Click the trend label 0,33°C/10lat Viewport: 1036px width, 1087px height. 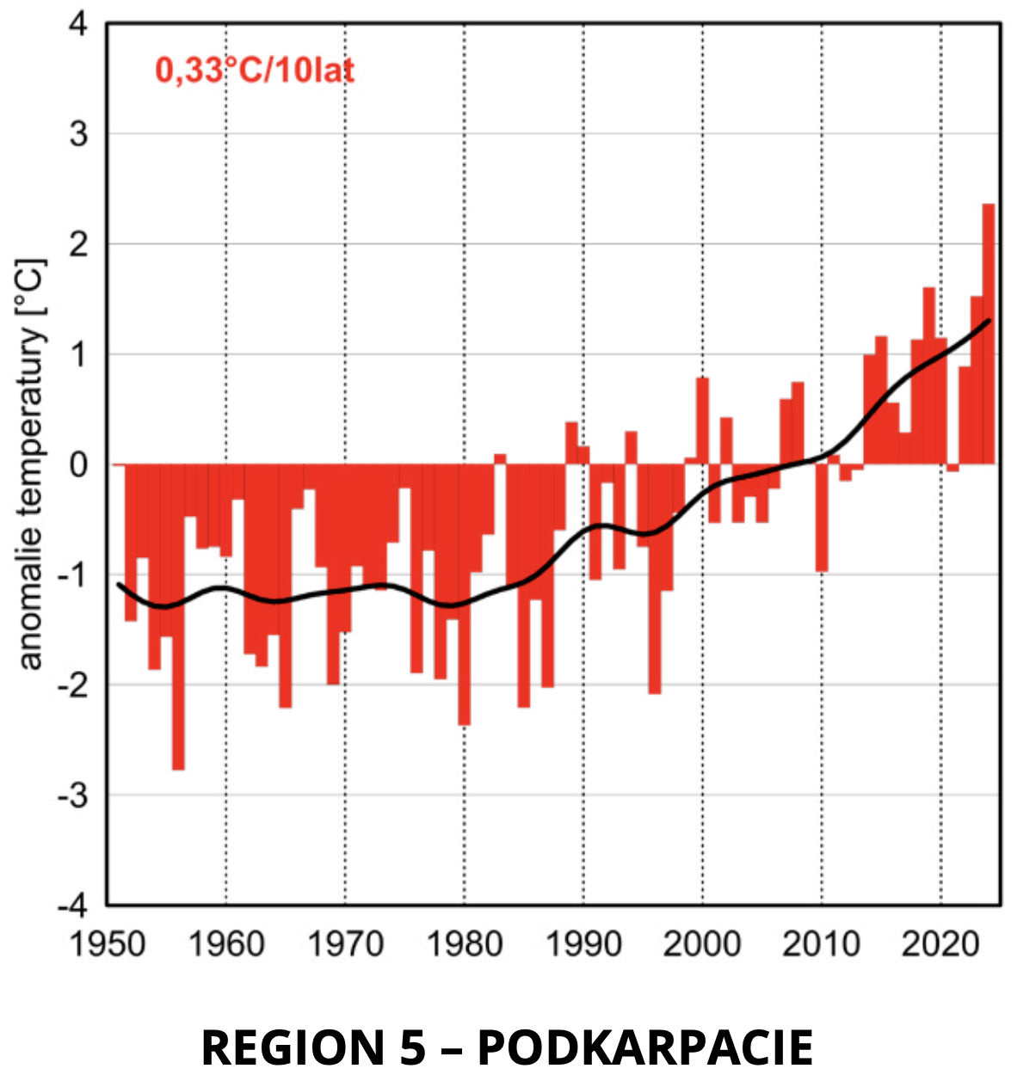[255, 70]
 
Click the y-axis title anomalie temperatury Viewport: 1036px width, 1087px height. [31, 464]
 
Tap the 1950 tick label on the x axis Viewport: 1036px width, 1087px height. [107, 943]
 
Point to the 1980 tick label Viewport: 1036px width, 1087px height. [464, 943]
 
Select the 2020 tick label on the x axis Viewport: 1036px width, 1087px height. [940, 943]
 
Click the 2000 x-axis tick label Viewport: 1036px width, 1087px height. [702, 943]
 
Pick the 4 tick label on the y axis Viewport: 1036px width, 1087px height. [78, 24]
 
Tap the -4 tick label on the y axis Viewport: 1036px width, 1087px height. [72, 905]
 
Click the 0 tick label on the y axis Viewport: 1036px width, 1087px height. [78, 464]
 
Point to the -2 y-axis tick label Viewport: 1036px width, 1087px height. [72, 685]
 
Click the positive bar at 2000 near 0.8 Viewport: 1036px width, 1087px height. [702, 421]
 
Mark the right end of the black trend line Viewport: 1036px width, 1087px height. [990, 321]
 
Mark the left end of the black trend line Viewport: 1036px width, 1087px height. [119, 585]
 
